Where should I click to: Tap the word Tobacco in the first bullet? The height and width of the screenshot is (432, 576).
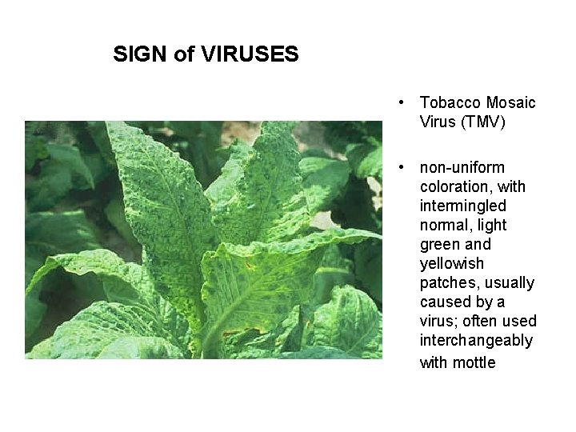[x=449, y=102]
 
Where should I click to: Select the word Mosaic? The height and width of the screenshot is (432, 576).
[x=510, y=102]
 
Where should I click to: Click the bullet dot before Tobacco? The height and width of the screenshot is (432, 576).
[x=406, y=102]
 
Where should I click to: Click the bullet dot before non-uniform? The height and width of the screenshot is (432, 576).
[x=406, y=167]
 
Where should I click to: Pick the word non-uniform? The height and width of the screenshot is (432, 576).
[x=462, y=167]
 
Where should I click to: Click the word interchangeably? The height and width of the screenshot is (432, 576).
[x=476, y=340]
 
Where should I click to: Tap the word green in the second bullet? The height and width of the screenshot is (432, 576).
[x=440, y=244]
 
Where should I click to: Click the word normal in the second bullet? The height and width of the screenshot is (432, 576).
[x=444, y=225]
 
